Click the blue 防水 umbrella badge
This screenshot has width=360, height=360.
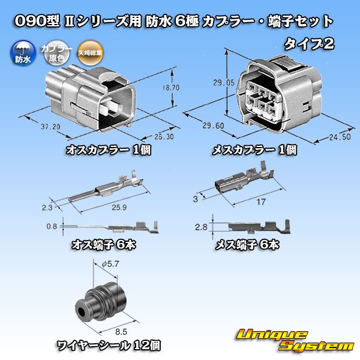coord(20,55)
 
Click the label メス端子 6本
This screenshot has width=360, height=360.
coord(248,245)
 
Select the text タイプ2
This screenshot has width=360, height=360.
coord(308,43)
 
